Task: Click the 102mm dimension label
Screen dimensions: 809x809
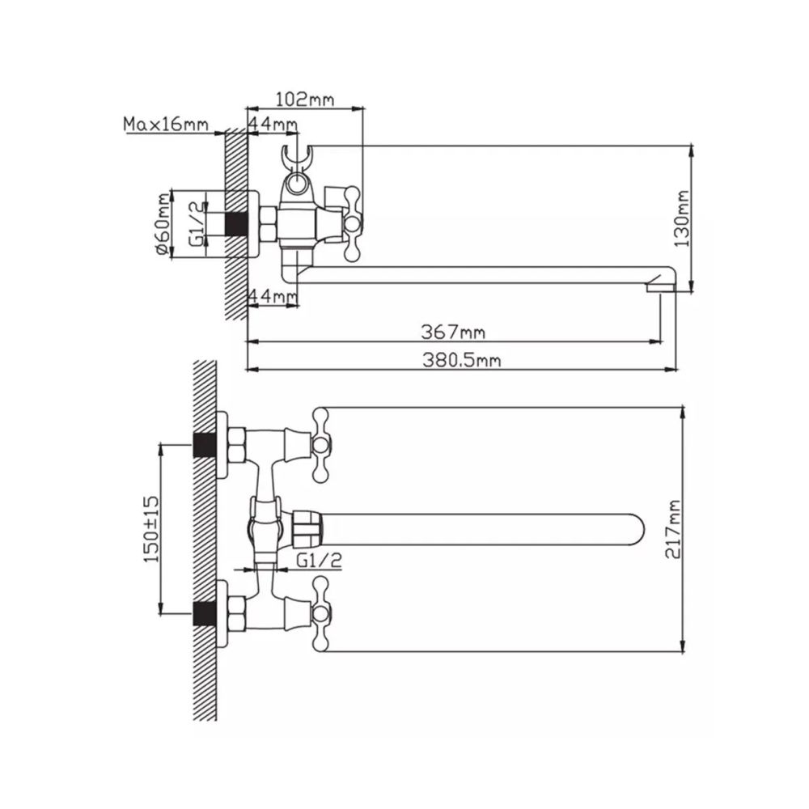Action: [305, 99]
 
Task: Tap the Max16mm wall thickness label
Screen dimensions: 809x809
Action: [166, 125]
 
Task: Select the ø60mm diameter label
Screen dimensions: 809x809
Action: [162, 224]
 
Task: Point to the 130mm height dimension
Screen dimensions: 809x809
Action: [683, 218]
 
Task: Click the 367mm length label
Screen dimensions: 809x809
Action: [454, 332]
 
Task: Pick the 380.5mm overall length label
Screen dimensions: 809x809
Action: [462, 360]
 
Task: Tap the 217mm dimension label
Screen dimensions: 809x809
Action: [673, 529]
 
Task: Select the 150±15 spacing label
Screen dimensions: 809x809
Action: [152, 529]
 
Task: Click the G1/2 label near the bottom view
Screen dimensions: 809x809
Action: [320, 561]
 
